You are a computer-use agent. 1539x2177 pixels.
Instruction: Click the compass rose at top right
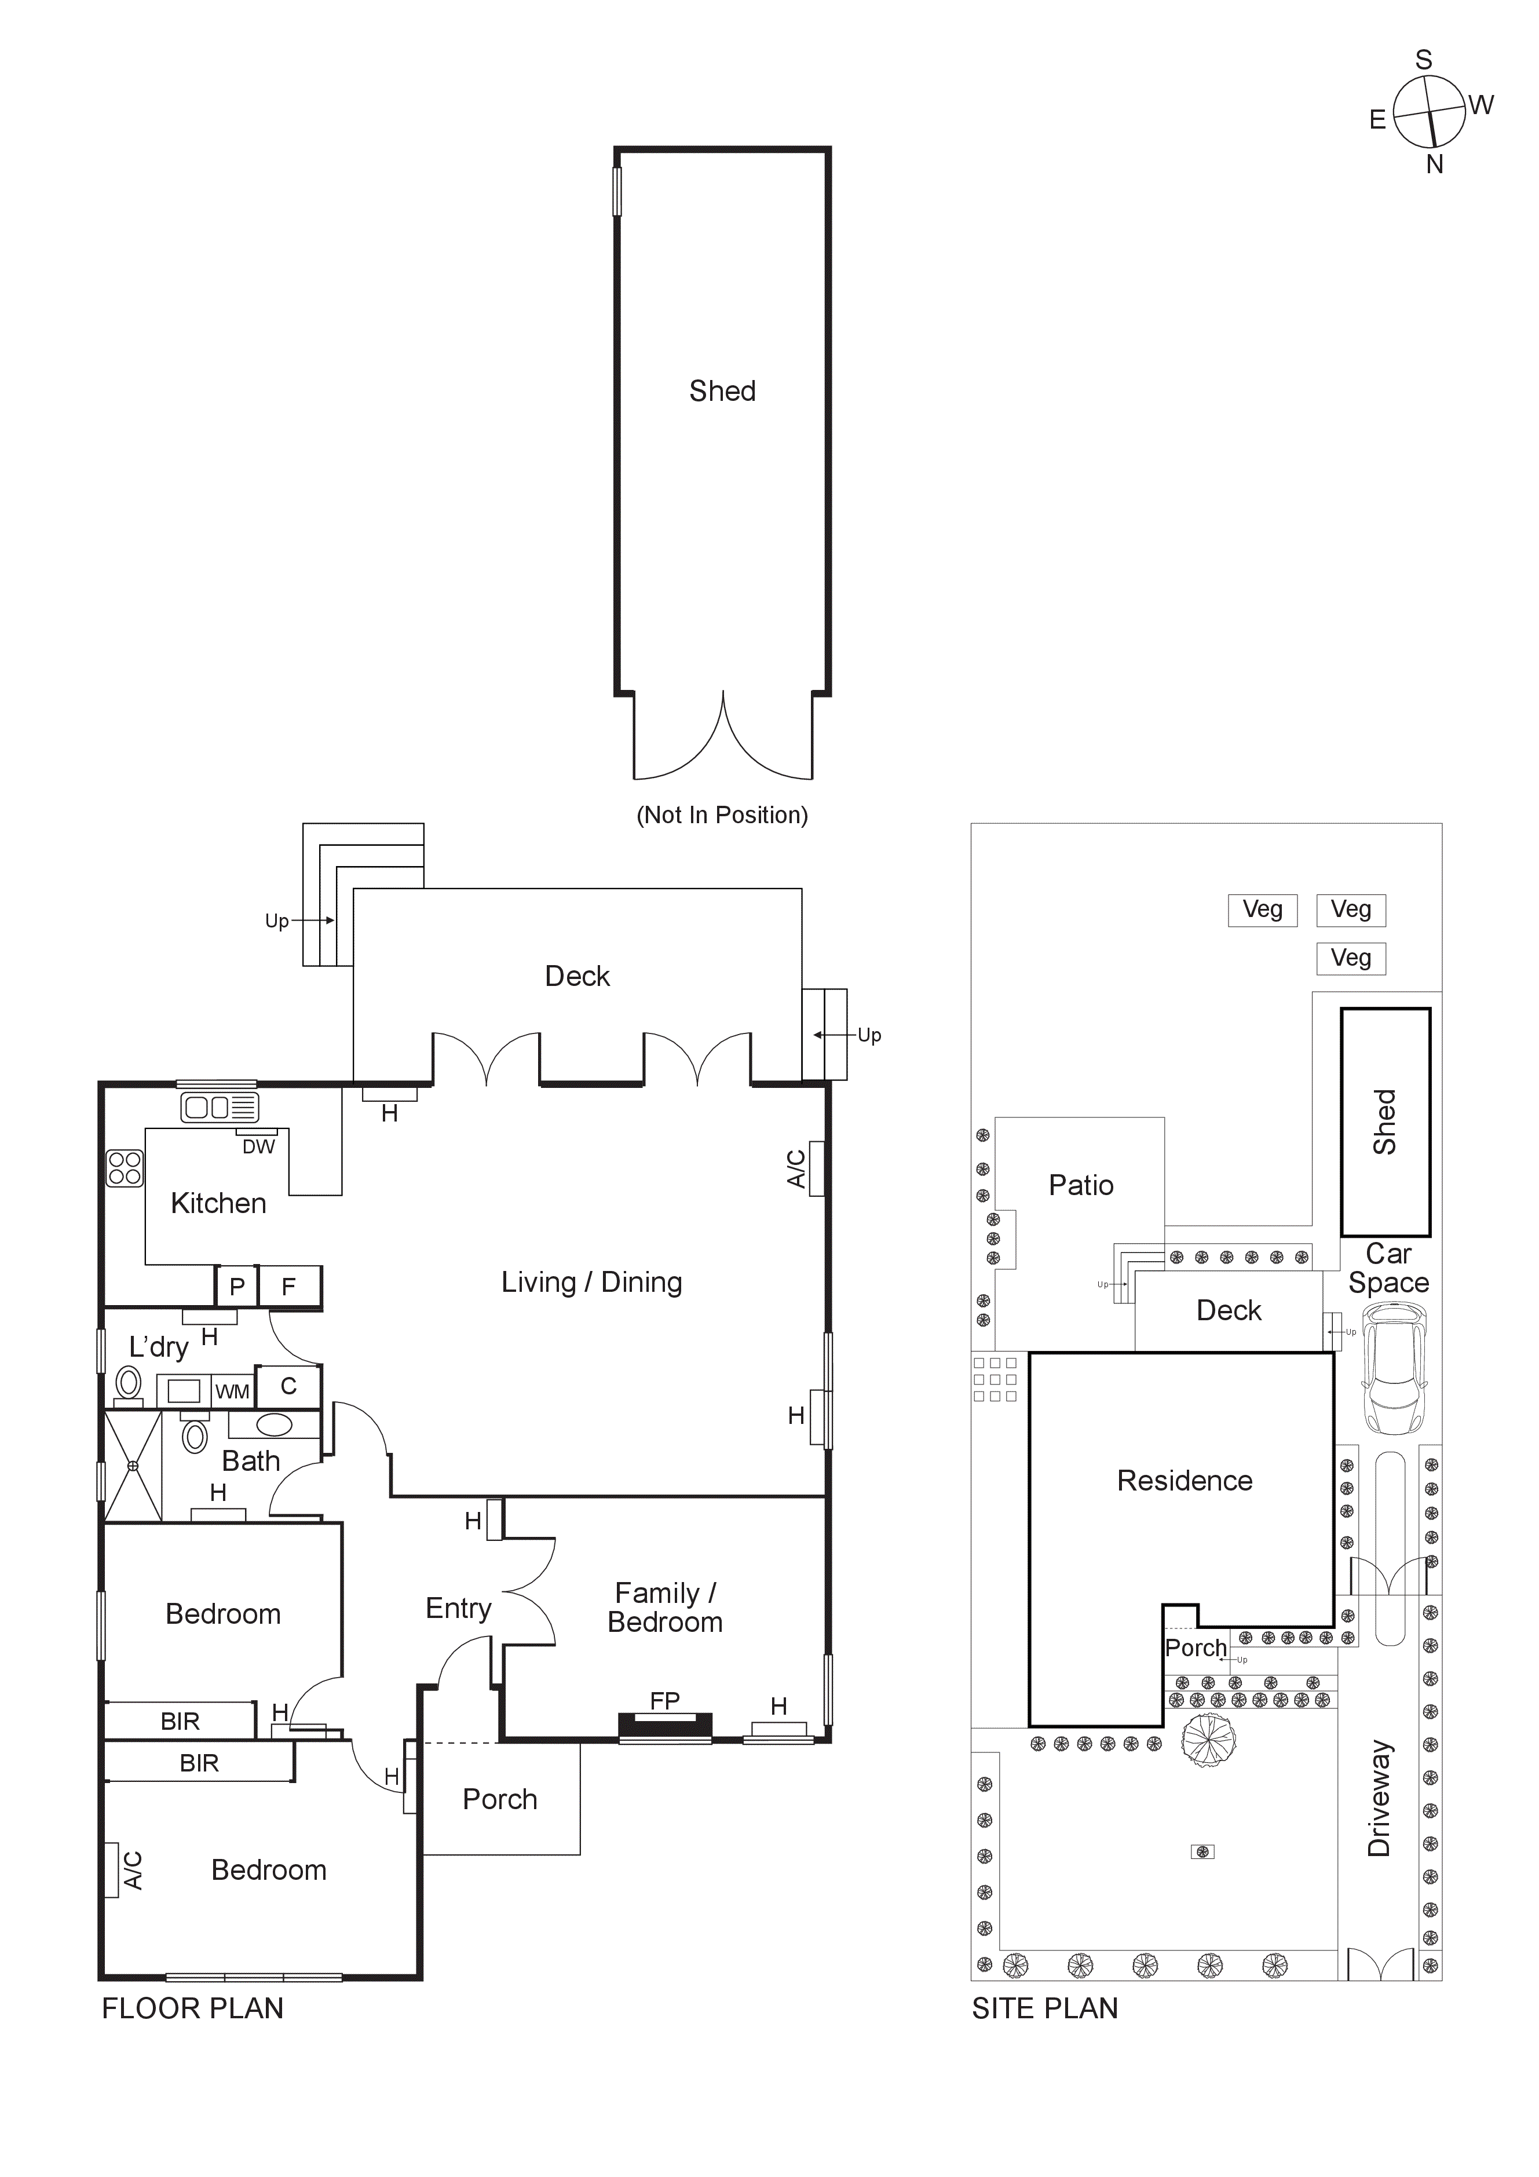pos(1430,112)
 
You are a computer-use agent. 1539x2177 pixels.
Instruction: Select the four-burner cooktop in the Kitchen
pos(124,1168)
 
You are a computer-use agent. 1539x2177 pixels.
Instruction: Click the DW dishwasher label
pos(258,1146)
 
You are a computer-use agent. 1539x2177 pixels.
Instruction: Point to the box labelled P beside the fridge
pos(237,1287)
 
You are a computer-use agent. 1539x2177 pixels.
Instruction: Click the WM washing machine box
pos(232,1392)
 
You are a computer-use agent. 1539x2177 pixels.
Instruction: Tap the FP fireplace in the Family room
pos(665,1727)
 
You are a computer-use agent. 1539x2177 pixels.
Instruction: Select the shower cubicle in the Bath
pos(133,1466)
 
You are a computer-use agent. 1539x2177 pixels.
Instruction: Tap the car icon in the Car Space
pos(1394,1368)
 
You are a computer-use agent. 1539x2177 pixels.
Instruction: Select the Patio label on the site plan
pos(1080,1185)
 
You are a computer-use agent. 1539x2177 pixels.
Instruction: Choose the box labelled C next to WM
pos(288,1386)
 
